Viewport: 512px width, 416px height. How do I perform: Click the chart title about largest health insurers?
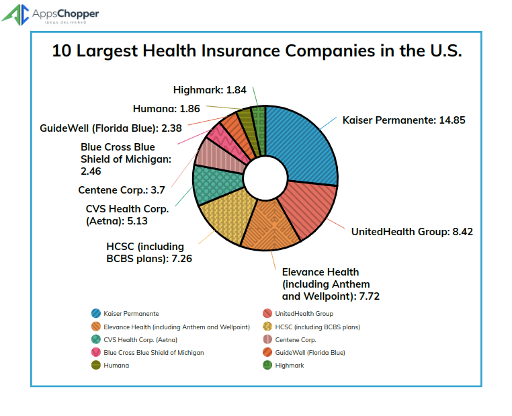pos(257,52)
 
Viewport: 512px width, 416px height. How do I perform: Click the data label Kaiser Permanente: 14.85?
pos(403,120)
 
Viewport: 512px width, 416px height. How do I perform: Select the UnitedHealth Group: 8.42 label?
pos(412,232)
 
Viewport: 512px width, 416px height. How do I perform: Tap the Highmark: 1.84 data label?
pos(210,89)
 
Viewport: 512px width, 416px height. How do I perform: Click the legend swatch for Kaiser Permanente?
pos(97,314)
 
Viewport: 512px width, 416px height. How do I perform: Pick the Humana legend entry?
pos(116,365)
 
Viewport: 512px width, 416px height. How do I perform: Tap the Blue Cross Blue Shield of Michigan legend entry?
pos(153,352)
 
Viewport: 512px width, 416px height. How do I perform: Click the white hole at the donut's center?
pos(264,178)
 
